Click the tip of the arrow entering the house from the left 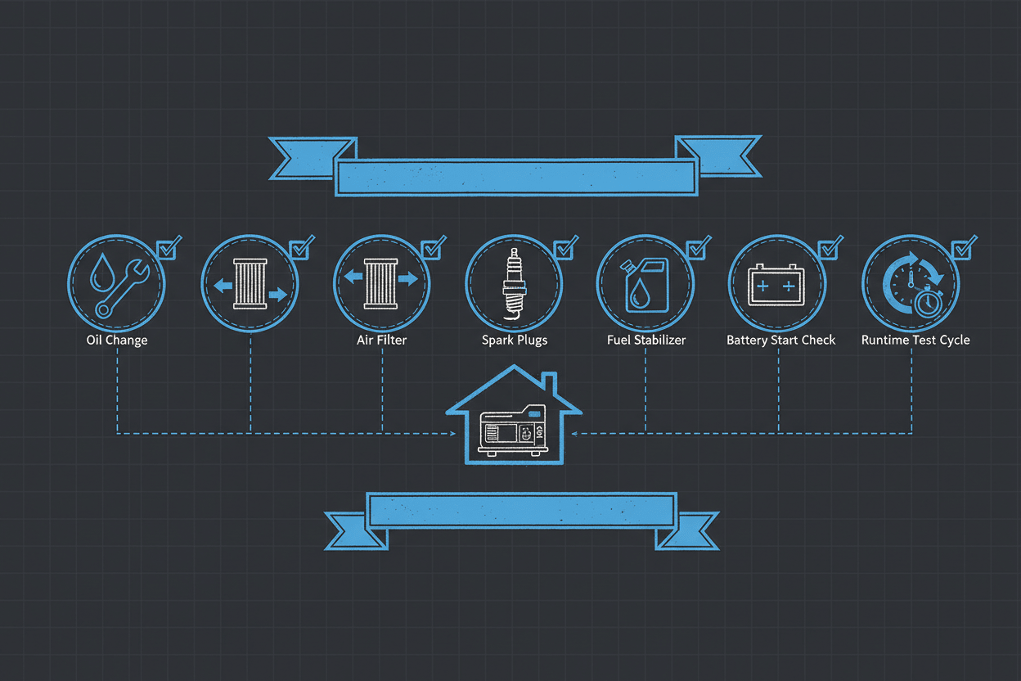pos(456,434)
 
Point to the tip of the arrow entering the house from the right pos(572,434)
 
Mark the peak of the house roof pos(515,365)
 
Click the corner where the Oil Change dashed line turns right pos(118,433)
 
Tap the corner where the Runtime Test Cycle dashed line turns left pos(911,433)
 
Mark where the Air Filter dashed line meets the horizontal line pos(382,433)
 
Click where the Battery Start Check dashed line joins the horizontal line pos(779,433)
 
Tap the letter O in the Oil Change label pos(91,340)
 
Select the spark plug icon pos(514,284)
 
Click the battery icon pos(776,285)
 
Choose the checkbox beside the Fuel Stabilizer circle pos(696,249)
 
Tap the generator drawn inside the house pos(513,430)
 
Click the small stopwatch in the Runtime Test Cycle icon pos(929,303)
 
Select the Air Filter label pos(381,340)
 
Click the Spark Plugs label pos(515,340)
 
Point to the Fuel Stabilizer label pos(646,340)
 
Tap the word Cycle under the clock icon pos(954,340)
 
